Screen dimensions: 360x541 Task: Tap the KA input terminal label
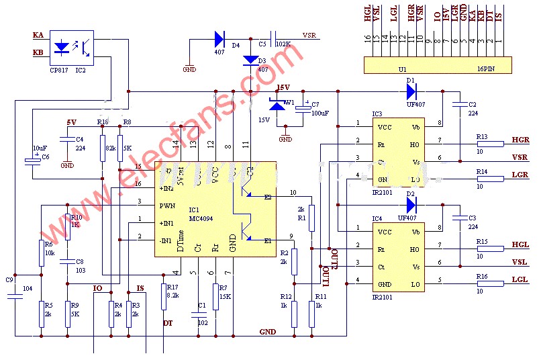(x=38, y=35)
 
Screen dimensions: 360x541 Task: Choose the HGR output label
(x=520, y=140)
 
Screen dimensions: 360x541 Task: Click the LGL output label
(x=520, y=279)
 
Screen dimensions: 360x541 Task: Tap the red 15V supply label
(x=283, y=87)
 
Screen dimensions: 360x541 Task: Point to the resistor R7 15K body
(x=215, y=297)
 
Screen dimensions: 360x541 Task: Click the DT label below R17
(x=168, y=324)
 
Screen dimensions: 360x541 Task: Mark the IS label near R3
(x=140, y=289)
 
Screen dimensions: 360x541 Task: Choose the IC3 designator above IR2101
(x=377, y=114)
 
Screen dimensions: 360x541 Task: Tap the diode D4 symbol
(x=219, y=39)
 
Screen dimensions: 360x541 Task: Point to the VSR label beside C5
(x=310, y=35)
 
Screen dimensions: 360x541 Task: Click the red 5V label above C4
(x=72, y=122)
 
